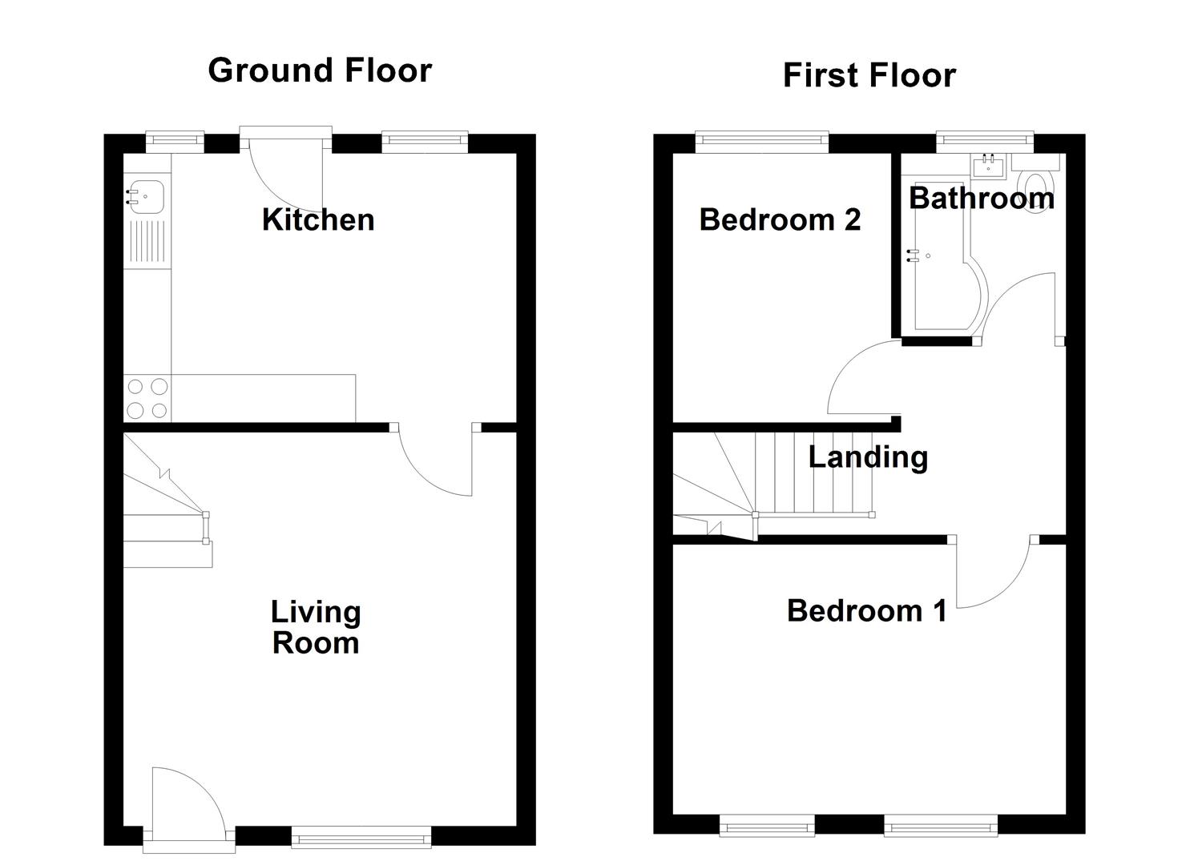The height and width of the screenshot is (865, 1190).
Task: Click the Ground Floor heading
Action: [319, 70]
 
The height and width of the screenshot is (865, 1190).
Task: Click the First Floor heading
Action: [869, 76]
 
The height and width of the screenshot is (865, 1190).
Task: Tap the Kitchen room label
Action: [318, 219]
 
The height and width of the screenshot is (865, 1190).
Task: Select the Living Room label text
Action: [316, 627]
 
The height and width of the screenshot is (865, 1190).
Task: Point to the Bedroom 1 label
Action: [866, 610]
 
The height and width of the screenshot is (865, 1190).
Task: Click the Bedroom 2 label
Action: [780, 219]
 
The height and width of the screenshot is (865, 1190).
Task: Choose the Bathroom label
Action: [981, 198]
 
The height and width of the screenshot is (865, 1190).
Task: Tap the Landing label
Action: [868, 457]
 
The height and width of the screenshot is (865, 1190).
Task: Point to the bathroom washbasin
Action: [989, 166]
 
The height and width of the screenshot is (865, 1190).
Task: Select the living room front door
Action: [186, 801]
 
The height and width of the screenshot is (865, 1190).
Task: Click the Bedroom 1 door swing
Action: [994, 577]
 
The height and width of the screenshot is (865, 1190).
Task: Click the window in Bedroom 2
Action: [761, 142]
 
